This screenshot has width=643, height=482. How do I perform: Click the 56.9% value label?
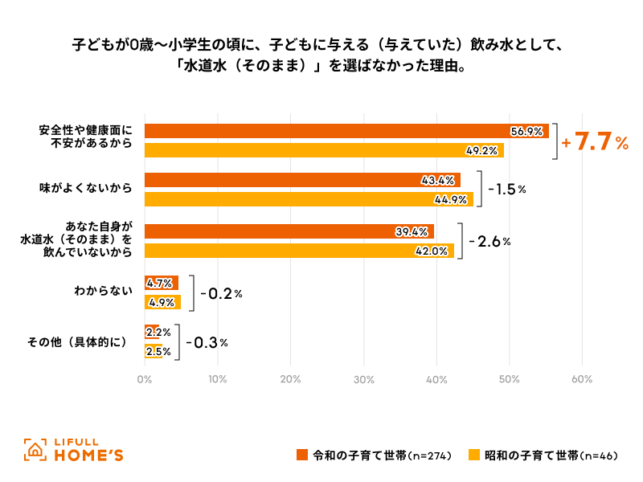tap(526, 132)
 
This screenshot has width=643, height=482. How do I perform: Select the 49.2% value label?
tap(483, 150)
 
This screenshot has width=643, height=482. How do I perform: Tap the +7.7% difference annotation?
tap(596, 142)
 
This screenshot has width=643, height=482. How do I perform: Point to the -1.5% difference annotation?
tap(506, 190)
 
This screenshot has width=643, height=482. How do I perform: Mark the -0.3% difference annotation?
tap(207, 342)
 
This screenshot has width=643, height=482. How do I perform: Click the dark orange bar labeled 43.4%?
tap(302, 180)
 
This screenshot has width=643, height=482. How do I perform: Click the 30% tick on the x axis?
tap(363, 379)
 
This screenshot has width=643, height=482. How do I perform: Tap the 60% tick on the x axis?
tap(582, 379)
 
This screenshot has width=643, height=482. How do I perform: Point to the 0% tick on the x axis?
tap(145, 379)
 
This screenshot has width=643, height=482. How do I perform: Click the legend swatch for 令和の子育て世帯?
tap(302, 455)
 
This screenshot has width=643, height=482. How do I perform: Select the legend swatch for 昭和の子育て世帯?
tap(475, 455)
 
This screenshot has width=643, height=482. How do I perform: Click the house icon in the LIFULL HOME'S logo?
tap(35, 451)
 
